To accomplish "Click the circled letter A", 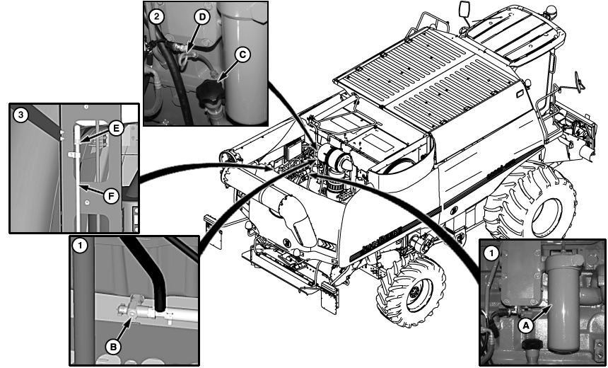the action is pos(526,326).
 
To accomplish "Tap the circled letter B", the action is pos(113,347).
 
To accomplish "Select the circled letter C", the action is pos(242,54).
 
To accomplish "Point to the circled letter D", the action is pos(202,17).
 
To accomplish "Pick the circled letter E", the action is pos(115,128).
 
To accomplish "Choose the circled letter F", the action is pos(111,196).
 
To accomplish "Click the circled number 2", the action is pos(156,17).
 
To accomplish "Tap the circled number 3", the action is pos(21,115).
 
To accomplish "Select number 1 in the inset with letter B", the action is pos(81,246).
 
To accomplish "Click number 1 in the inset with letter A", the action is pos(492,254).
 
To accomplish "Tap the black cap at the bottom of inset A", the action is pos(530,345).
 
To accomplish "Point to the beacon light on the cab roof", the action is pos(550,11).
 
